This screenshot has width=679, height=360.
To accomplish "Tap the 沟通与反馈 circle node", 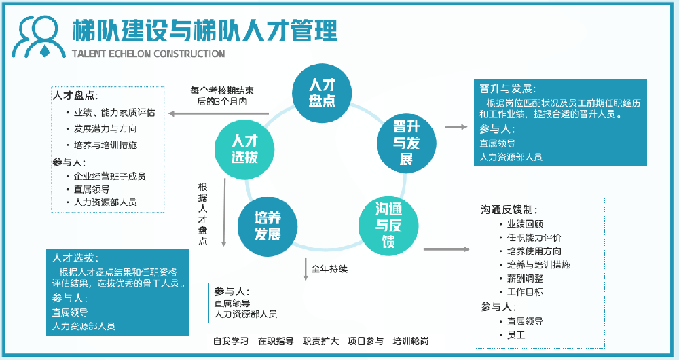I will click(388, 224).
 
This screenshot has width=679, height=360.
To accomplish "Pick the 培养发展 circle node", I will click(268, 226).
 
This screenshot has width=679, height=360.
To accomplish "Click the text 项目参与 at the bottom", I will click(365, 341).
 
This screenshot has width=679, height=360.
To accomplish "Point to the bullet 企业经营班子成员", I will click(109, 176).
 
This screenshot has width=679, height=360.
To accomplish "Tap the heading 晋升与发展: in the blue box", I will click(506, 90).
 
